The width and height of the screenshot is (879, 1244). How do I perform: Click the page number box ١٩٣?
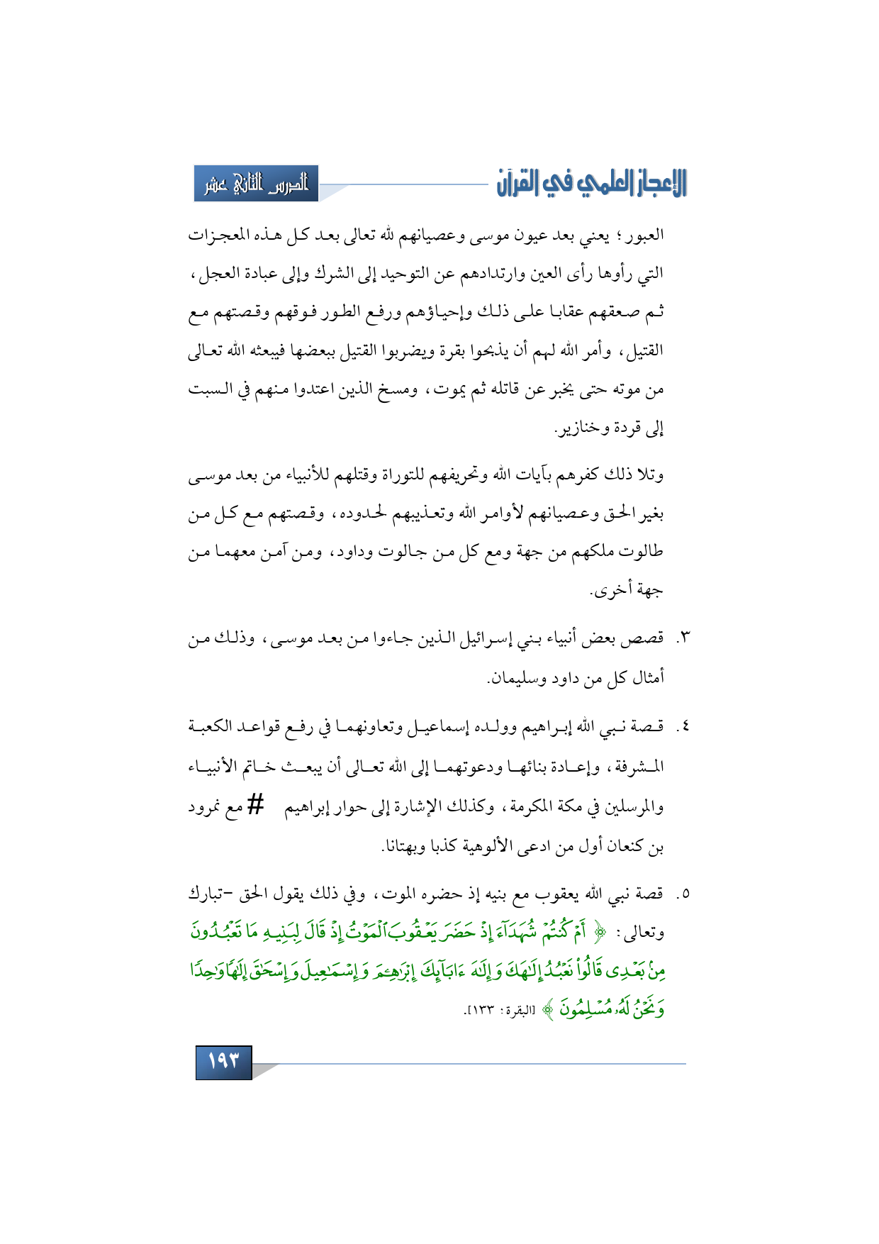tap(223, 1062)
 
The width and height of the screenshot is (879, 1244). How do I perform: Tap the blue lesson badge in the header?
tap(256, 184)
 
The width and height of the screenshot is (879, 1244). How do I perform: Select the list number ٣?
tap(684, 639)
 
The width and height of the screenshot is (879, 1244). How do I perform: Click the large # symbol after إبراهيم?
tap(256, 806)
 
